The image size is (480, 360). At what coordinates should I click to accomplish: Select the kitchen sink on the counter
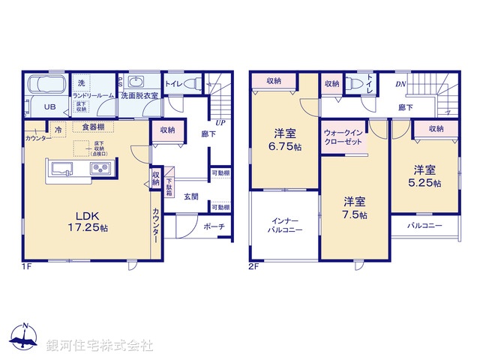pos(61,167)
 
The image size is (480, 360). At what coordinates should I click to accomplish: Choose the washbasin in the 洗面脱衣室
pos(136,82)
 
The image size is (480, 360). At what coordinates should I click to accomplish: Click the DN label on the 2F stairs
pos(400,85)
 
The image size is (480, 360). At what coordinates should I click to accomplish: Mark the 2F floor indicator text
pos(256,266)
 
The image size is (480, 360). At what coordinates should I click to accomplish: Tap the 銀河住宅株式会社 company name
pos(100,346)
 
